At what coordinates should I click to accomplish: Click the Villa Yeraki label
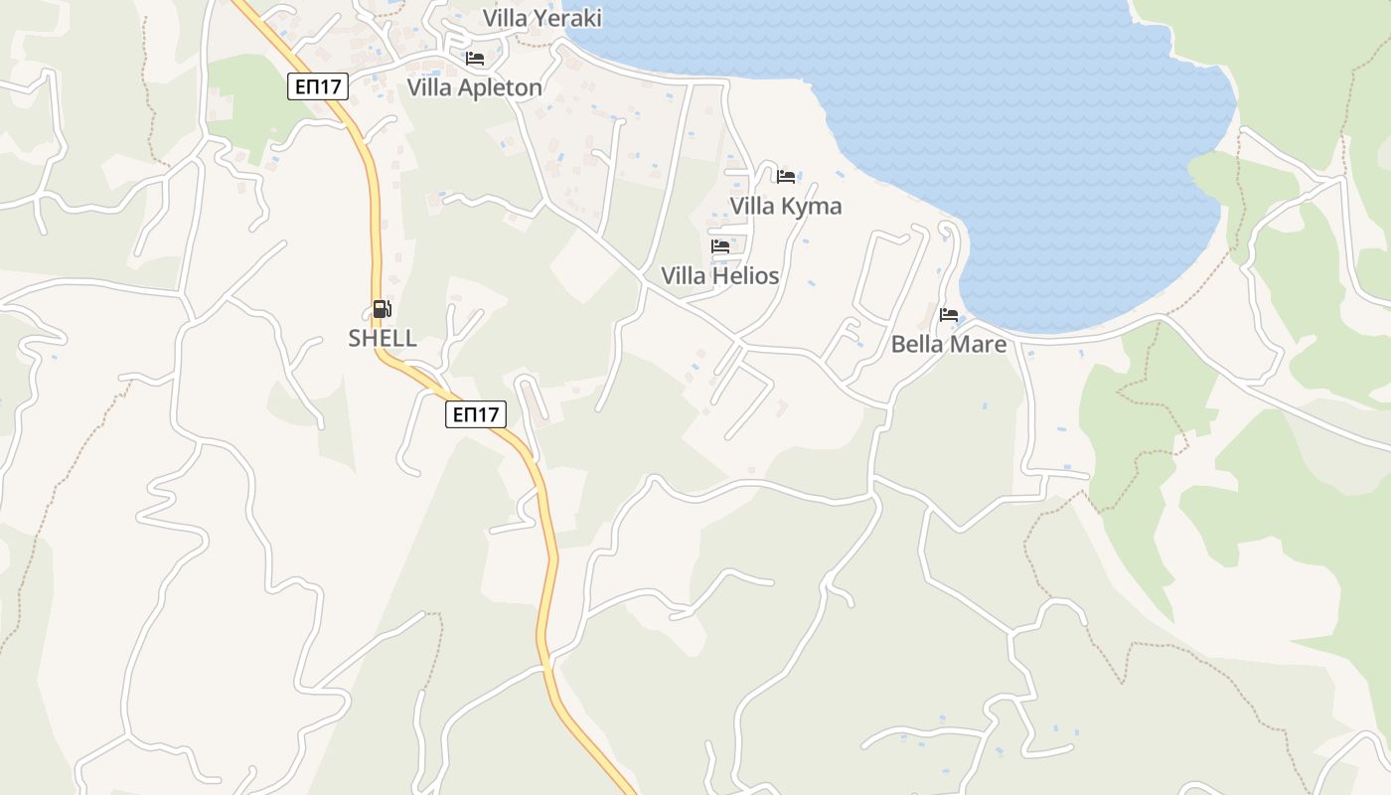pyautogui.click(x=542, y=18)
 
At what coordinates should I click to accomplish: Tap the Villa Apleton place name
pyautogui.click(x=475, y=87)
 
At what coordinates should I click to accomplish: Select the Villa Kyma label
pyautogui.click(x=786, y=206)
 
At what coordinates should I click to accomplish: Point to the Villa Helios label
pyautogui.click(x=720, y=275)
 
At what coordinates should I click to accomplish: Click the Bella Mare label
pyautogui.click(x=949, y=344)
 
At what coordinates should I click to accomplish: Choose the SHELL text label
pyautogui.click(x=383, y=338)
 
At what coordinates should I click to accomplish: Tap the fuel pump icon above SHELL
pyautogui.click(x=383, y=309)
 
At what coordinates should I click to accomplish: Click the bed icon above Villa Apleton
pyautogui.click(x=475, y=59)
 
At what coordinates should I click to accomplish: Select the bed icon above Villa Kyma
pyautogui.click(x=786, y=177)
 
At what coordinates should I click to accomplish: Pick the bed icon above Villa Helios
pyautogui.click(x=720, y=246)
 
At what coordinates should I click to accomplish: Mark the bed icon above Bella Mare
pyautogui.click(x=949, y=315)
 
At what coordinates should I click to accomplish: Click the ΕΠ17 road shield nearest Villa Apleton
pyautogui.click(x=319, y=86)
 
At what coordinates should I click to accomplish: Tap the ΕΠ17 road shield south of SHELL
pyautogui.click(x=476, y=414)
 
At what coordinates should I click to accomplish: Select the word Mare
pyautogui.click(x=979, y=344)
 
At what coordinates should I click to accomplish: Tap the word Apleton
pyautogui.click(x=501, y=87)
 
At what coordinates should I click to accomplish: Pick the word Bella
pyautogui.click(x=918, y=344)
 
